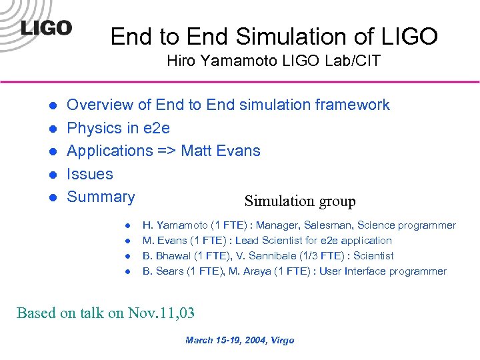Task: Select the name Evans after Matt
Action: tap(239, 151)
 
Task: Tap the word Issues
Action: tap(90, 174)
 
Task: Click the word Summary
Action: tap(101, 197)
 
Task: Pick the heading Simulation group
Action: tap(300, 201)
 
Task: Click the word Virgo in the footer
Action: tap(281, 341)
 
